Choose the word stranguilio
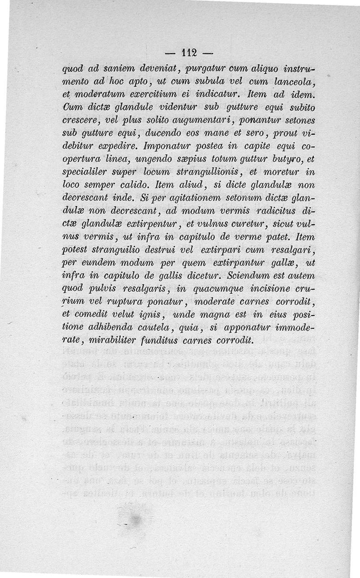point(115,250)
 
